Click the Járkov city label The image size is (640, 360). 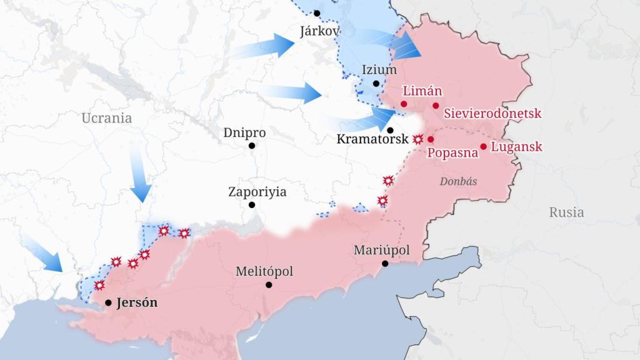[x=320, y=31]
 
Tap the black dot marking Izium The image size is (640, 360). [x=376, y=83]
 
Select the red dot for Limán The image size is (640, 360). [x=404, y=104]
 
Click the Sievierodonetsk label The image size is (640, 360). [x=492, y=114]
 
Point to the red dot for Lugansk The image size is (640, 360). [x=483, y=147]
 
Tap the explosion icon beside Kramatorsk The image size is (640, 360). [x=417, y=140]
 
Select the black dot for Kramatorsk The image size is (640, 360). [x=390, y=131]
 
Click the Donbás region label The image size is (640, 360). [x=458, y=181]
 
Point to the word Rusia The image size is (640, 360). [x=566, y=212]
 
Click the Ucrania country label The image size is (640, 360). [x=106, y=117]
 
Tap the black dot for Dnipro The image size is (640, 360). [x=252, y=146]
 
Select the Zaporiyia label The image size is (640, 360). [x=257, y=192]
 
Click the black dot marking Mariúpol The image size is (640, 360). [x=385, y=264]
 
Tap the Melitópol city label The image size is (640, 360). [x=264, y=272]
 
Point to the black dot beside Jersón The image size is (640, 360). [x=108, y=302]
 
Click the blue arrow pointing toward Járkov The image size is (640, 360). [x=266, y=47]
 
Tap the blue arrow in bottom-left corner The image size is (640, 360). [x=44, y=254]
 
